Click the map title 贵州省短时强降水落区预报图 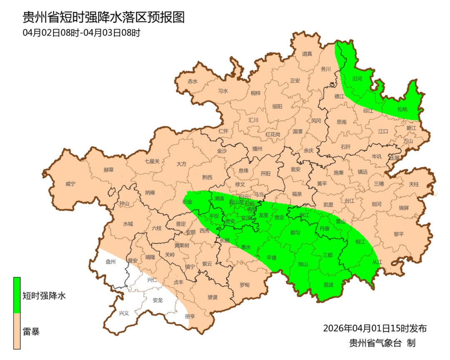point(103,17)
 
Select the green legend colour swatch point(17,295)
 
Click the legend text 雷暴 point(31,332)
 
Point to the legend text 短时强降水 point(44,296)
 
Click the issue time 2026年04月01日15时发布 point(375,328)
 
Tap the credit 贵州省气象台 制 point(382,343)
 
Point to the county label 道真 point(307,54)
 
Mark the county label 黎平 point(399,234)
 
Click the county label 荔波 point(328,285)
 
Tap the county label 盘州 point(110,262)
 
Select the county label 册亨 point(190,316)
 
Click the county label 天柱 point(413,184)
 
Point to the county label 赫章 point(108,170)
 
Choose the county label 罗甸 point(245,285)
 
